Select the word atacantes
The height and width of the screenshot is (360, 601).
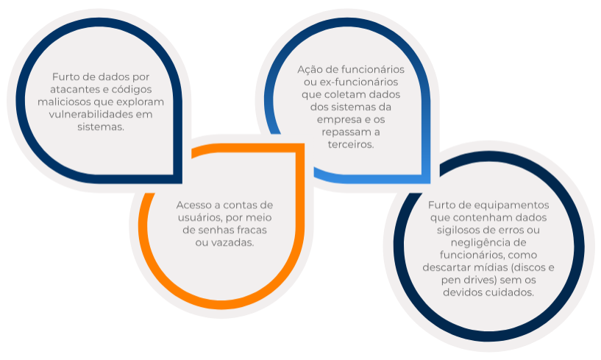pos(74,89)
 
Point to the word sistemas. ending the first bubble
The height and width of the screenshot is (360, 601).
pos(101,127)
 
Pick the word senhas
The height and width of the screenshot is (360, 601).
pos(217,230)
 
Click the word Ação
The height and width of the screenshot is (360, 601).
pos(310,70)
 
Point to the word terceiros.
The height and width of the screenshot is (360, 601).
pos(351,145)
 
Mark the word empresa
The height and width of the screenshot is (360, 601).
pos(338,120)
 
